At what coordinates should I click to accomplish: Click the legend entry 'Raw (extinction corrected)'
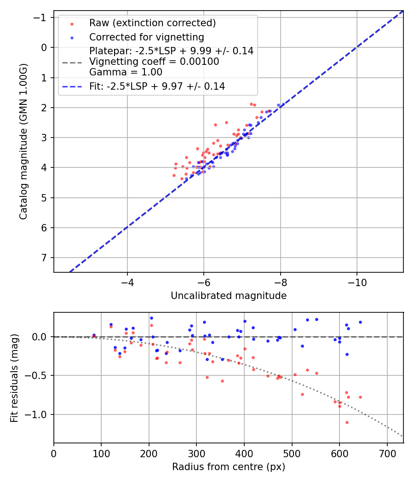coord(152,23)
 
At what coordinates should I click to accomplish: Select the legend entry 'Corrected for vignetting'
coord(146,37)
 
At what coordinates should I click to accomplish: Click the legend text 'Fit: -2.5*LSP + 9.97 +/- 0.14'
coord(157,86)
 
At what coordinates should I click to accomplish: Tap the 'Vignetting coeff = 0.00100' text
coord(154,62)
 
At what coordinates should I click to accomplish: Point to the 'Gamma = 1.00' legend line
coord(126,72)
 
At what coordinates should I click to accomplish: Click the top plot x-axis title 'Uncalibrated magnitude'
coord(229,296)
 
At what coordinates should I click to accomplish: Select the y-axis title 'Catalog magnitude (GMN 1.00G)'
coord(24,141)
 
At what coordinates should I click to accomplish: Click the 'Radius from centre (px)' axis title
coord(229,467)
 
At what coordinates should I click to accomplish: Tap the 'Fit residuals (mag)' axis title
coord(15,378)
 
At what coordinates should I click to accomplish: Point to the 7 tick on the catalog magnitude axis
coord(44,258)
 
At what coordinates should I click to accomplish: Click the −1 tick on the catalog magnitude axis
coord(41,17)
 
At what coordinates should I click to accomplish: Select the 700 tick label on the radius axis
coord(387,454)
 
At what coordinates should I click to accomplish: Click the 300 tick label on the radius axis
coord(196,454)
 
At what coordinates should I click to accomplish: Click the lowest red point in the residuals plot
coord(347,422)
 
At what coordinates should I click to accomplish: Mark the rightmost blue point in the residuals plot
coord(360,322)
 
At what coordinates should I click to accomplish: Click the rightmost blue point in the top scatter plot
coord(278,105)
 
